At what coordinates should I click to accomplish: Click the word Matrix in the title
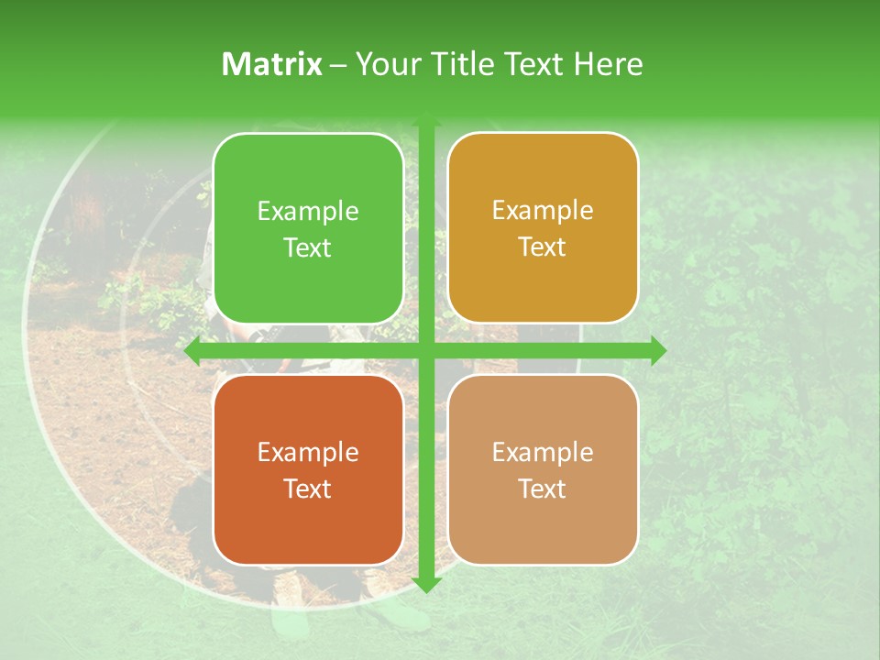(x=271, y=64)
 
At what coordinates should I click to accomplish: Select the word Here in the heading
(x=609, y=64)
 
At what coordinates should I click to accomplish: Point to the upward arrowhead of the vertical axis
(x=425, y=121)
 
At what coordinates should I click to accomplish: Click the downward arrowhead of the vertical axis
(x=425, y=584)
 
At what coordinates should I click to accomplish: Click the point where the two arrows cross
(x=425, y=350)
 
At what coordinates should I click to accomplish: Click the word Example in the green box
(x=308, y=212)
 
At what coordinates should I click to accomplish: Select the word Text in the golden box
(x=543, y=247)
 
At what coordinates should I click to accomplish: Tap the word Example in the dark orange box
(x=308, y=453)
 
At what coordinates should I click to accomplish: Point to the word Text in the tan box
(x=543, y=489)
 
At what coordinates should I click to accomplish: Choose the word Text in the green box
(x=308, y=248)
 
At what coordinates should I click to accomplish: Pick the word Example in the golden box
(x=543, y=211)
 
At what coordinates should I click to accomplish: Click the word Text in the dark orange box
(x=308, y=489)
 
